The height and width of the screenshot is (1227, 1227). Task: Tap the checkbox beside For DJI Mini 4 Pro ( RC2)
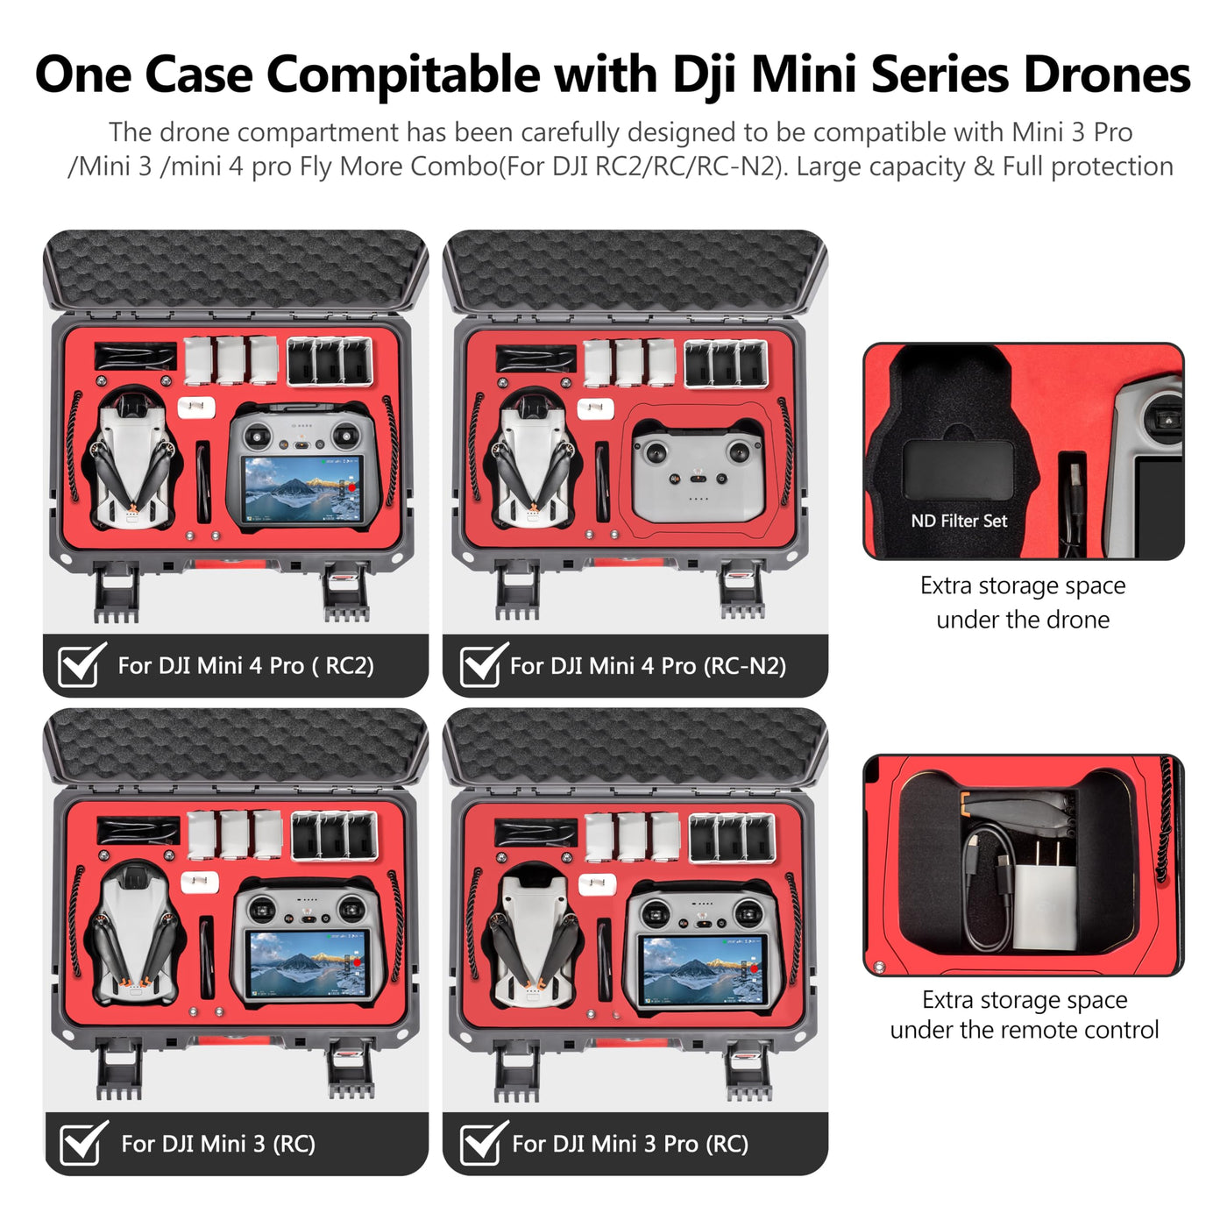[x=79, y=666]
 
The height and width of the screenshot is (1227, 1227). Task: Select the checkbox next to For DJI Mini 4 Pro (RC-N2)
[x=481, y=666]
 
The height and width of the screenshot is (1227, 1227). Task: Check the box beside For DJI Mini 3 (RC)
[x=82, y=1144]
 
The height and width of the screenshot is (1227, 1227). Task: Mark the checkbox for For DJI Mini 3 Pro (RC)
[x=481, y=1144]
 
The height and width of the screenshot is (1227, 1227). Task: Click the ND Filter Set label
[x=959, y=521]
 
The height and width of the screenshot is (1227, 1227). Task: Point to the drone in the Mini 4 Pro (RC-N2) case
[x=532, y=460]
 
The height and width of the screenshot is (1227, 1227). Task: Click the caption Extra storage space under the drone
[x=1023, y=602]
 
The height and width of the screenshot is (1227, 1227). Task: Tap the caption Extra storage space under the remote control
[x=1024, y=1014]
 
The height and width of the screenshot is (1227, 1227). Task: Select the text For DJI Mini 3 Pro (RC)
[x=629, y=1144]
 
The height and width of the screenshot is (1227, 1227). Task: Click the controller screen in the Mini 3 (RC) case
[x=306, y=963]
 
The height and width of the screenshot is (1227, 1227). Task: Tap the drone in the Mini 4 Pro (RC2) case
[x=131, y=460]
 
